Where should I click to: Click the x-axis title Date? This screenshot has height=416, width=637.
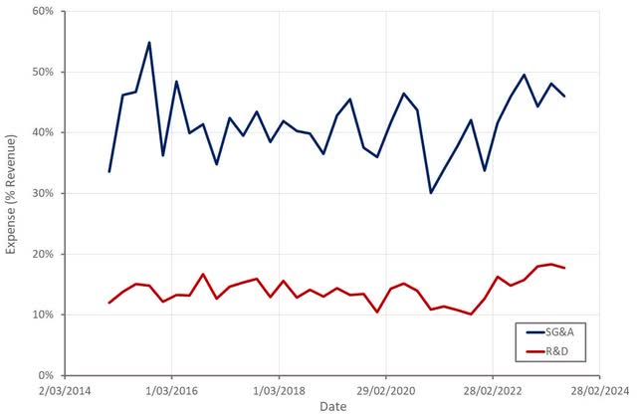(x=332, y=406)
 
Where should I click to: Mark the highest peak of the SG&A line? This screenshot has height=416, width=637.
(x=149, y=43)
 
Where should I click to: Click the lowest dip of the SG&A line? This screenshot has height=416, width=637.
(x=430, y=192)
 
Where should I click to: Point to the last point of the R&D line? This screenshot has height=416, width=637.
(x=564, y=268)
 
